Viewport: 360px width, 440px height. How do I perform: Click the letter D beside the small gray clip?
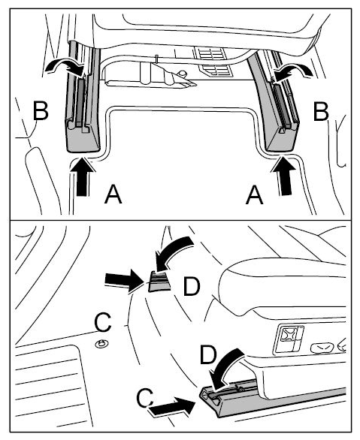tap(192, 286)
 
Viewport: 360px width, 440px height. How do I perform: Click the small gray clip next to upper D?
tap(159, 282)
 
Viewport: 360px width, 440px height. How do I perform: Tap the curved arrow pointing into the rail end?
tap(228, 368)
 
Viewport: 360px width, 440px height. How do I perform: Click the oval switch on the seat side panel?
tap(322, 348)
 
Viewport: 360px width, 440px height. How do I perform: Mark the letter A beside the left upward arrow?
tap(113, 195)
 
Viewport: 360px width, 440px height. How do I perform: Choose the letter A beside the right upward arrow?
tap(255, 195)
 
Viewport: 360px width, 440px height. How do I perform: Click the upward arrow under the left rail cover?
tap(83, 177)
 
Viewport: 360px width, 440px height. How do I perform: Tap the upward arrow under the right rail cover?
tap(283, 176)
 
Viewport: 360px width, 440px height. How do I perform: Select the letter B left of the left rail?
tap(41, 110)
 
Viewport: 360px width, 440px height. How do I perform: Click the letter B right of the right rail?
tap(321, 112)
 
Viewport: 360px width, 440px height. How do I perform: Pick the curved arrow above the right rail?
tap(294, 71)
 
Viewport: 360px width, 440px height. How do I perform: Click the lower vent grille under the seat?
tap(216, 71)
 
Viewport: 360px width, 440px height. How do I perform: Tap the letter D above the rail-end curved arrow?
tap(208, 356)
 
